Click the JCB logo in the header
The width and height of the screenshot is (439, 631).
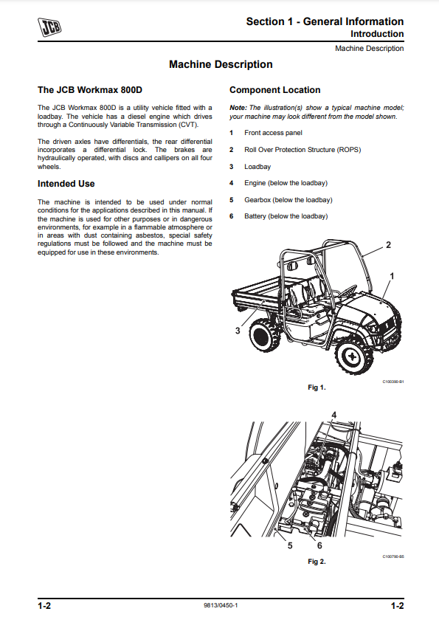tap(49, 27)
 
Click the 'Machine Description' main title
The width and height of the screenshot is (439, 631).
tap(221, 64)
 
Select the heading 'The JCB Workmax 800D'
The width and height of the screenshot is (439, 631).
tap(90, 90)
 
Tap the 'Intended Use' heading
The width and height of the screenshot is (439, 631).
tap(66, 184)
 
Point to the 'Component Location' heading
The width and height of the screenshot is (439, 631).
tap(274, 90)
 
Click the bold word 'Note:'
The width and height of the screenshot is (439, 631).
tap(238, 108)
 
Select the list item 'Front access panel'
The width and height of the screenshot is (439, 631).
tap(273, 133)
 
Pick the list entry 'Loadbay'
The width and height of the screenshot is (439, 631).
tap(257, 167)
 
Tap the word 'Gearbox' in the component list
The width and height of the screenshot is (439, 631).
tap(257, 200)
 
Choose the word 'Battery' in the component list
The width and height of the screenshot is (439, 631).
tap(255, 216)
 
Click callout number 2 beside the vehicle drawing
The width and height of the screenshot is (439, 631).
tap(388, 245)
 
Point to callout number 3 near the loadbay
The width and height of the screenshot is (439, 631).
tap(238, 331)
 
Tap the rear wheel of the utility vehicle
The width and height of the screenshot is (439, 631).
tap(264, 335)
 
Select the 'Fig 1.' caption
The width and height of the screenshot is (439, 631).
tap(317, 387)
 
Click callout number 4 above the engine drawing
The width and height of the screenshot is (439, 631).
tap(333, 415)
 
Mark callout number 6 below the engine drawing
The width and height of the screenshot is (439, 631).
tap(319, 545)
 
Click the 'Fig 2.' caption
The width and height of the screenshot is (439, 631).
tap(317, 562)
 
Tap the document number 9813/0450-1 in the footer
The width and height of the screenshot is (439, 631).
tap(221, 605)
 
